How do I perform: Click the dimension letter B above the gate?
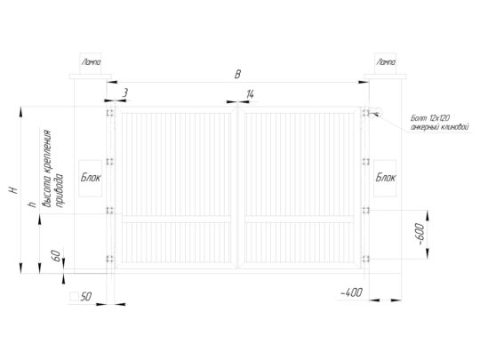click(x=237, y=75)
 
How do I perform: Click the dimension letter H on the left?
click(x=13, y=190)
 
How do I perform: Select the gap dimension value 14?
click(x=250, y=94)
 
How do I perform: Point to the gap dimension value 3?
click(x=125, y=92)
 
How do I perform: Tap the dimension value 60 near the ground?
click(x=56, y=256)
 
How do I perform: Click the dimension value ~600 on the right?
click(x=421, y=234)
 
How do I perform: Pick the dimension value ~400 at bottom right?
click(x=351, y=292)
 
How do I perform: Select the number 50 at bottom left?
click(x=86, y=296)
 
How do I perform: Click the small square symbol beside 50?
click(x=74, y=296)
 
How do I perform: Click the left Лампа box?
click(x=91, y=63)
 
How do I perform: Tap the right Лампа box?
click(x=385, y=63)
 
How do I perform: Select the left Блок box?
click(x=91, y=178)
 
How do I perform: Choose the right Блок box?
click(x=385, y=178)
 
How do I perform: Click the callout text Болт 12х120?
click(x=430, y=118)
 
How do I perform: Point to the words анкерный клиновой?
click(x=440, y=126)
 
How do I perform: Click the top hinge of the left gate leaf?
click(x=110, y=113)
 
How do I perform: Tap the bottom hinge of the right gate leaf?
click(x=365, y=259)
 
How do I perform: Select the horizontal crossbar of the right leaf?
click(x=300, y=220)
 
